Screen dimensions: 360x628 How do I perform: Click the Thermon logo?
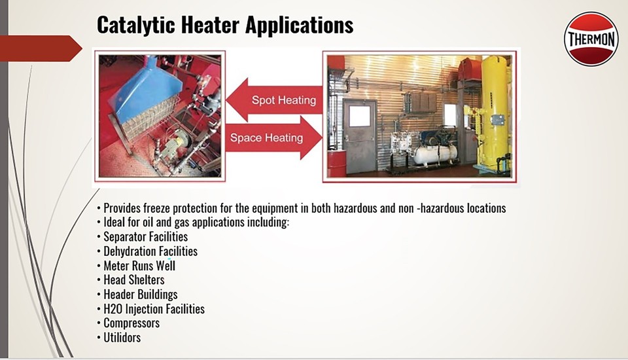click(591, 39)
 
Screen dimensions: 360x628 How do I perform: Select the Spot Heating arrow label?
click(283, 100)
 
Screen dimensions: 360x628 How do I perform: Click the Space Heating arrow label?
click(266, 138)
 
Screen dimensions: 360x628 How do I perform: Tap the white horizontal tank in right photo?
click(434, 154)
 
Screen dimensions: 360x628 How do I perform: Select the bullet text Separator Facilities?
click(145, 237)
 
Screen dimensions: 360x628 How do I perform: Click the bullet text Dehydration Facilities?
click(150, 251)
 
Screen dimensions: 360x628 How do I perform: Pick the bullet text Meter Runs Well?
click(139, 266)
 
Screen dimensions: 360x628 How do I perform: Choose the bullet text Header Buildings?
click(140, 295)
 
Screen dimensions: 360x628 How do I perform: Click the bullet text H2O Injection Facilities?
click(154, 309)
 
